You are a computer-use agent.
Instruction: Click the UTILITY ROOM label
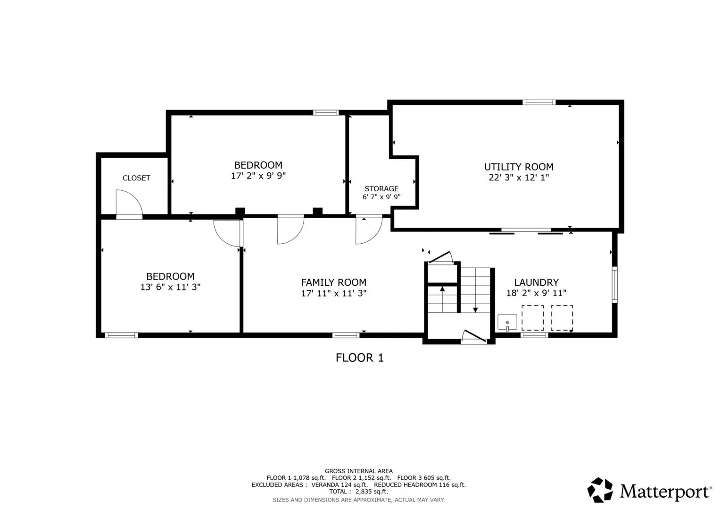point(519,167)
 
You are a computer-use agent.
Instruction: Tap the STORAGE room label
point(381,189)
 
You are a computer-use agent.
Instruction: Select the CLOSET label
point(136,178)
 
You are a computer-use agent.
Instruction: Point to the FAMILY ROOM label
point(334,282)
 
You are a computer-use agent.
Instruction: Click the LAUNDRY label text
point(536,282)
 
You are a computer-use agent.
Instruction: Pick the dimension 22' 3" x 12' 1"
point(519,178)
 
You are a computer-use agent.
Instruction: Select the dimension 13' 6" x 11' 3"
point(170,287)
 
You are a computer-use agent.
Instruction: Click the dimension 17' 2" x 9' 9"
point(258,176)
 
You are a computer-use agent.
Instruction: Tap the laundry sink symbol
point(507,322)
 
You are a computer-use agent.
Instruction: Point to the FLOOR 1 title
point(360,358)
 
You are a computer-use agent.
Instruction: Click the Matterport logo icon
point(600,490)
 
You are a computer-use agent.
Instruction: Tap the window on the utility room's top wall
point(539,102)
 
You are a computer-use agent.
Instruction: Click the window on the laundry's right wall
point(614,285)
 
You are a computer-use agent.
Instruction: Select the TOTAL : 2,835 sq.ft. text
point(359,492)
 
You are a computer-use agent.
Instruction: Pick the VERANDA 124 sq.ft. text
point(339,485)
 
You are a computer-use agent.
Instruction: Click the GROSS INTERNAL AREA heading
point(359,471)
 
